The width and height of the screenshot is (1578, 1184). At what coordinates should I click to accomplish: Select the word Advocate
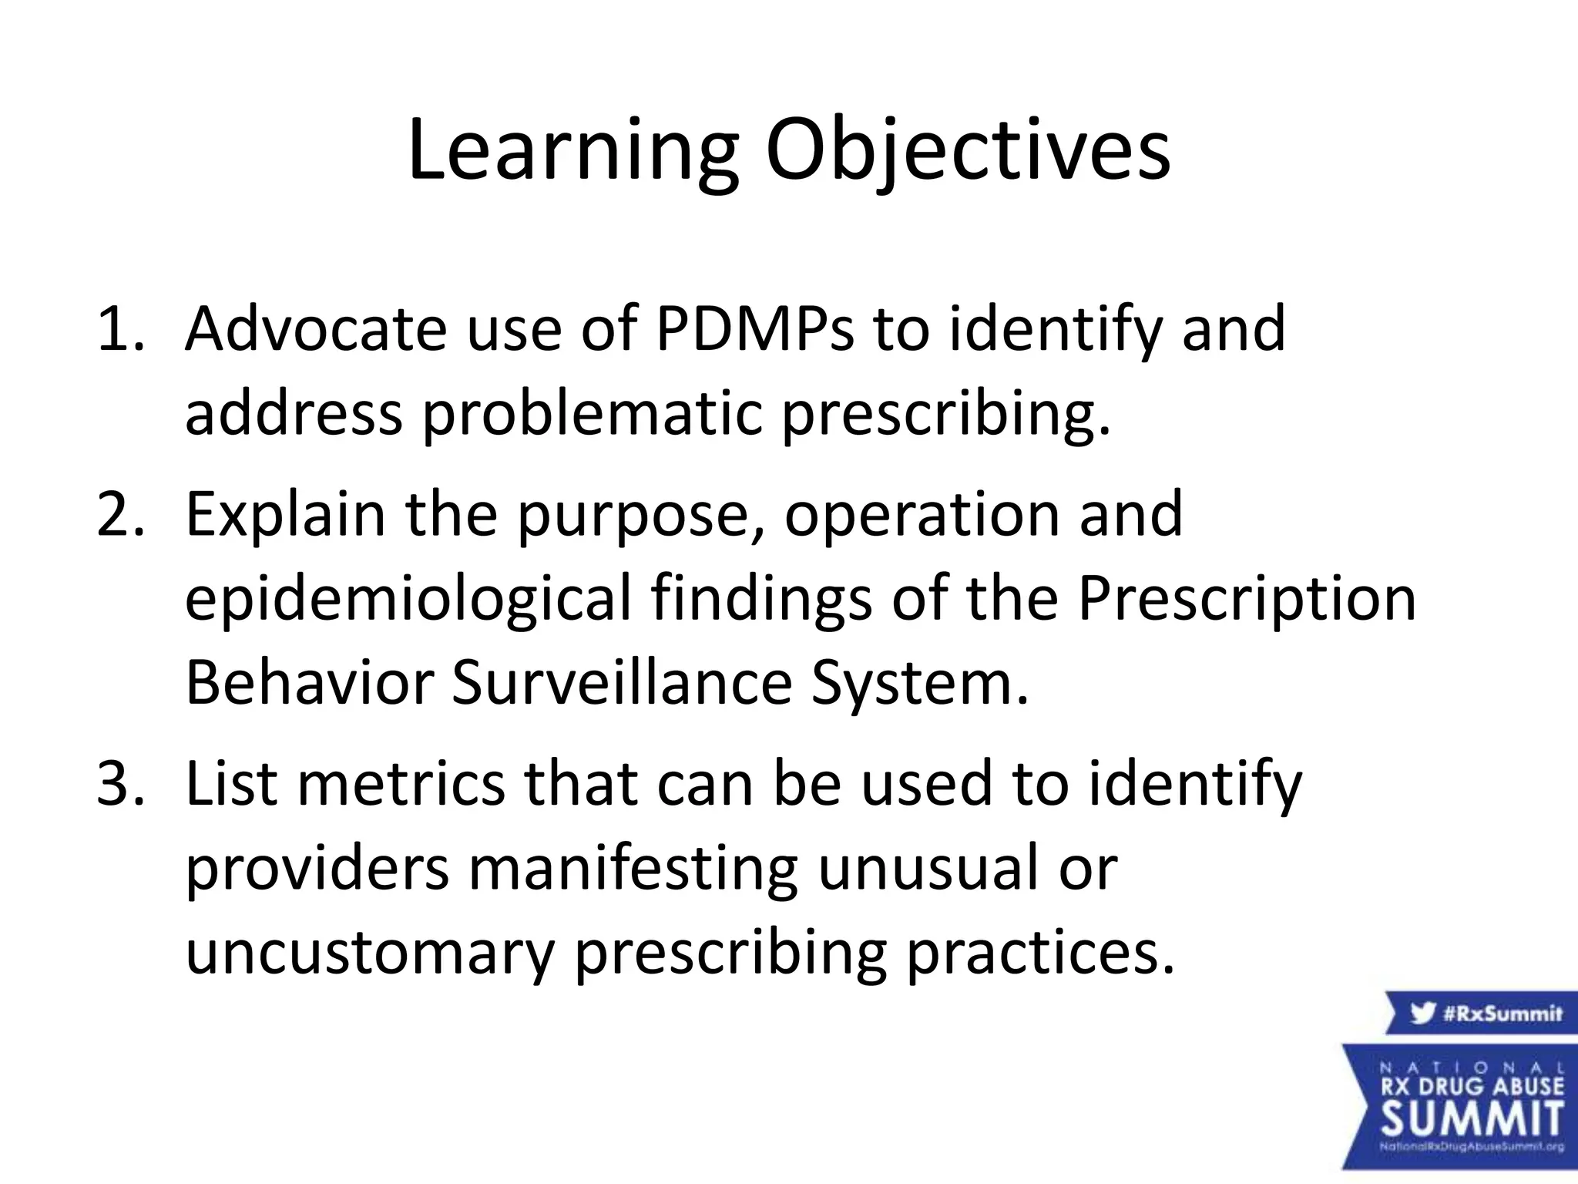[316, 328]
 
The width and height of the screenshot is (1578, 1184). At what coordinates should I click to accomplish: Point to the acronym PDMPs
[755, 328]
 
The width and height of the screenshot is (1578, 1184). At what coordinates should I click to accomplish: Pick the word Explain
[285, 514]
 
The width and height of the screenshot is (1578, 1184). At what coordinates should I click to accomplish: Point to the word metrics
[401, 784]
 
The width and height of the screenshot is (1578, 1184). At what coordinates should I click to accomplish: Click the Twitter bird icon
[1423, 1013]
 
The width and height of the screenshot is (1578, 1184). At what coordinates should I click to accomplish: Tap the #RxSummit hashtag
[1502, 1013]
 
